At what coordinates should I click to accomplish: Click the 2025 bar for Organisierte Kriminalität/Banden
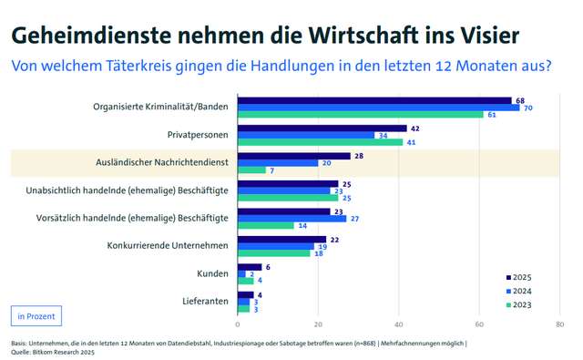pyautogui.click(x=374, y=100)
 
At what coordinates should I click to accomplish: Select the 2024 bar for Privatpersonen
pyautogui.click(x=305, y=135)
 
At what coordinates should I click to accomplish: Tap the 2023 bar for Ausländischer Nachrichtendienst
pyautogui.click(x=251, y=170)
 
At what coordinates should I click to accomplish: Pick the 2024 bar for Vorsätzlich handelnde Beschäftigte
pyautogui.click(x=291, y=219)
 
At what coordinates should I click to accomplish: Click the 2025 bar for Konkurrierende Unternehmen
pyautogui.click(x=281, y=239)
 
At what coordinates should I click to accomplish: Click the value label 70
pyautogui.click(x=528, y=108)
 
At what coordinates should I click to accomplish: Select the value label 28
pyautogui.click(x=359, y=156)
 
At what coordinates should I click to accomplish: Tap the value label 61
pyautogui.click(x=492, y=115)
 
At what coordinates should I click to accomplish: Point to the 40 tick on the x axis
pyautogui.click(x=399, y=324)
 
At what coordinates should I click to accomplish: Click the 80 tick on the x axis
pyautogui.click(x=559, y=324)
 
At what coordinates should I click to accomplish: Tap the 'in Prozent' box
pyautogui.click(x=36, y=316)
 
